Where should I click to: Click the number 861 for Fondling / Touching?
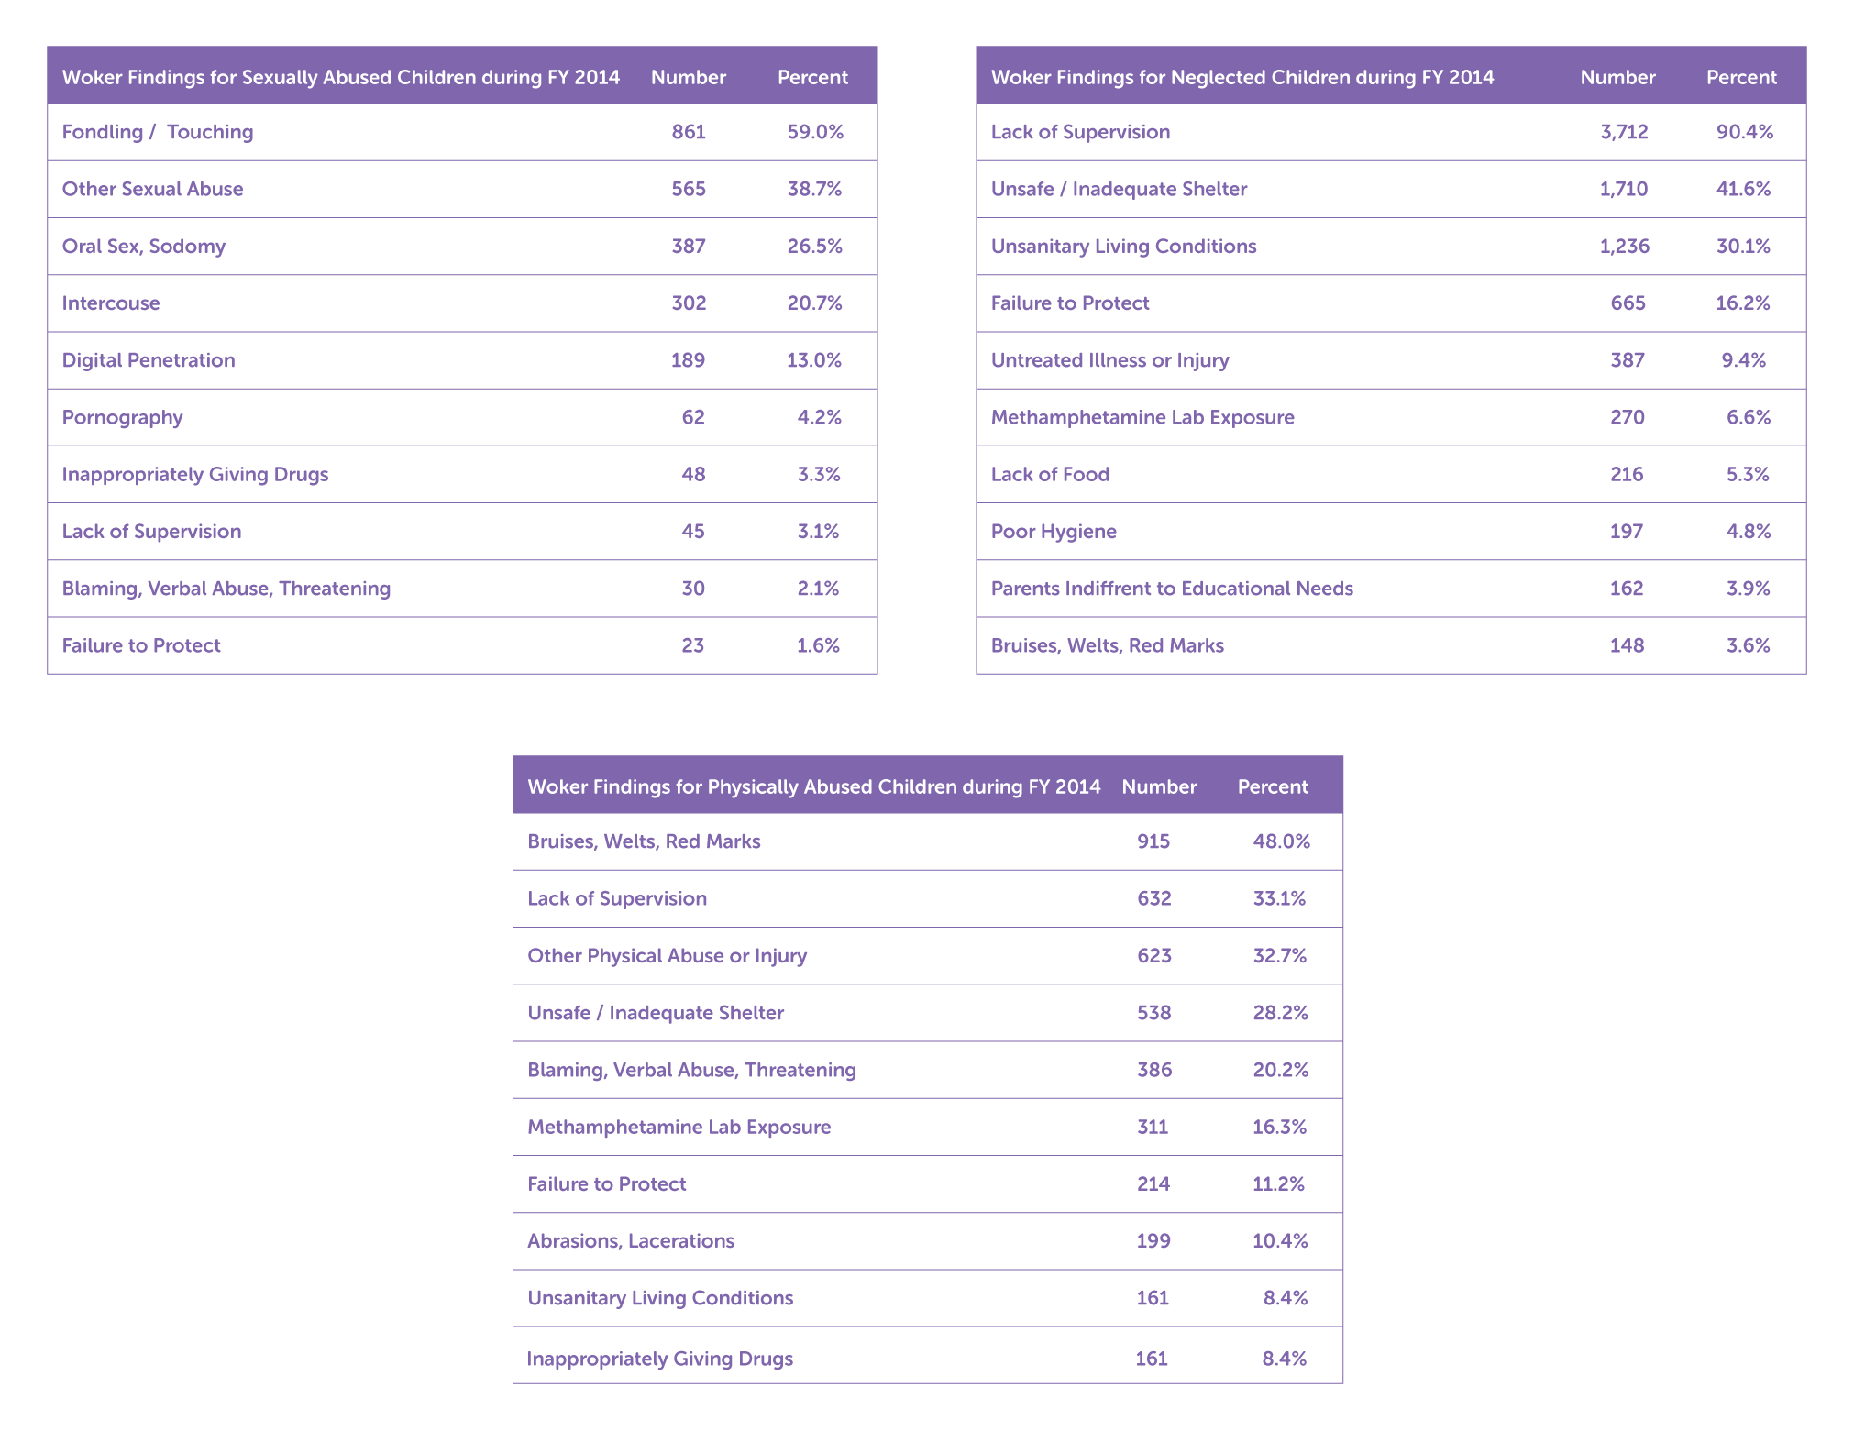click(x=689, y=132)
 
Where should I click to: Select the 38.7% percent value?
click(x=814, y=189)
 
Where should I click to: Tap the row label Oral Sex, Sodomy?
click(x=143, y=247)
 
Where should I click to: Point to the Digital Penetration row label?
click(x=149, y=360)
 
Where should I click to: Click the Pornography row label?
click(x=122, y=418)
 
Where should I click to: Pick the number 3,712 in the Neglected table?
click(x=1624, y=132)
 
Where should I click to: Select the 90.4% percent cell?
click(x=1744, y=132)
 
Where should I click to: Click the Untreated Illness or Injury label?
click(x=1109, y=360)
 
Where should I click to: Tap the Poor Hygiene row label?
click(x=1054, y=532)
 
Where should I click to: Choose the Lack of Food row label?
click(x=1050, y=474)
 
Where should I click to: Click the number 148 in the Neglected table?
click(x=1627, y=645)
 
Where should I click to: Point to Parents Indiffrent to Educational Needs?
click(x=1172, y=588)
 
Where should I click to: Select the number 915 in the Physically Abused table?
click(x=1153, y=841)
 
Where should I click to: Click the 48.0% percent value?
click(x=1281, y=841)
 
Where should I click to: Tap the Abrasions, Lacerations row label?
click(x=631, y=1241)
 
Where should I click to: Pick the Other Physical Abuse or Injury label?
click(x=667, y=956)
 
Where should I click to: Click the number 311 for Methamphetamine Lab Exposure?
click(x=1153, y=1127)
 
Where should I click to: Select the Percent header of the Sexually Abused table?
click(x=812, y=77)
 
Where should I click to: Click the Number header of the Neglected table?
click(x=1617, y=77)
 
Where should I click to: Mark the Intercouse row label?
click(x=110, y=303)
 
